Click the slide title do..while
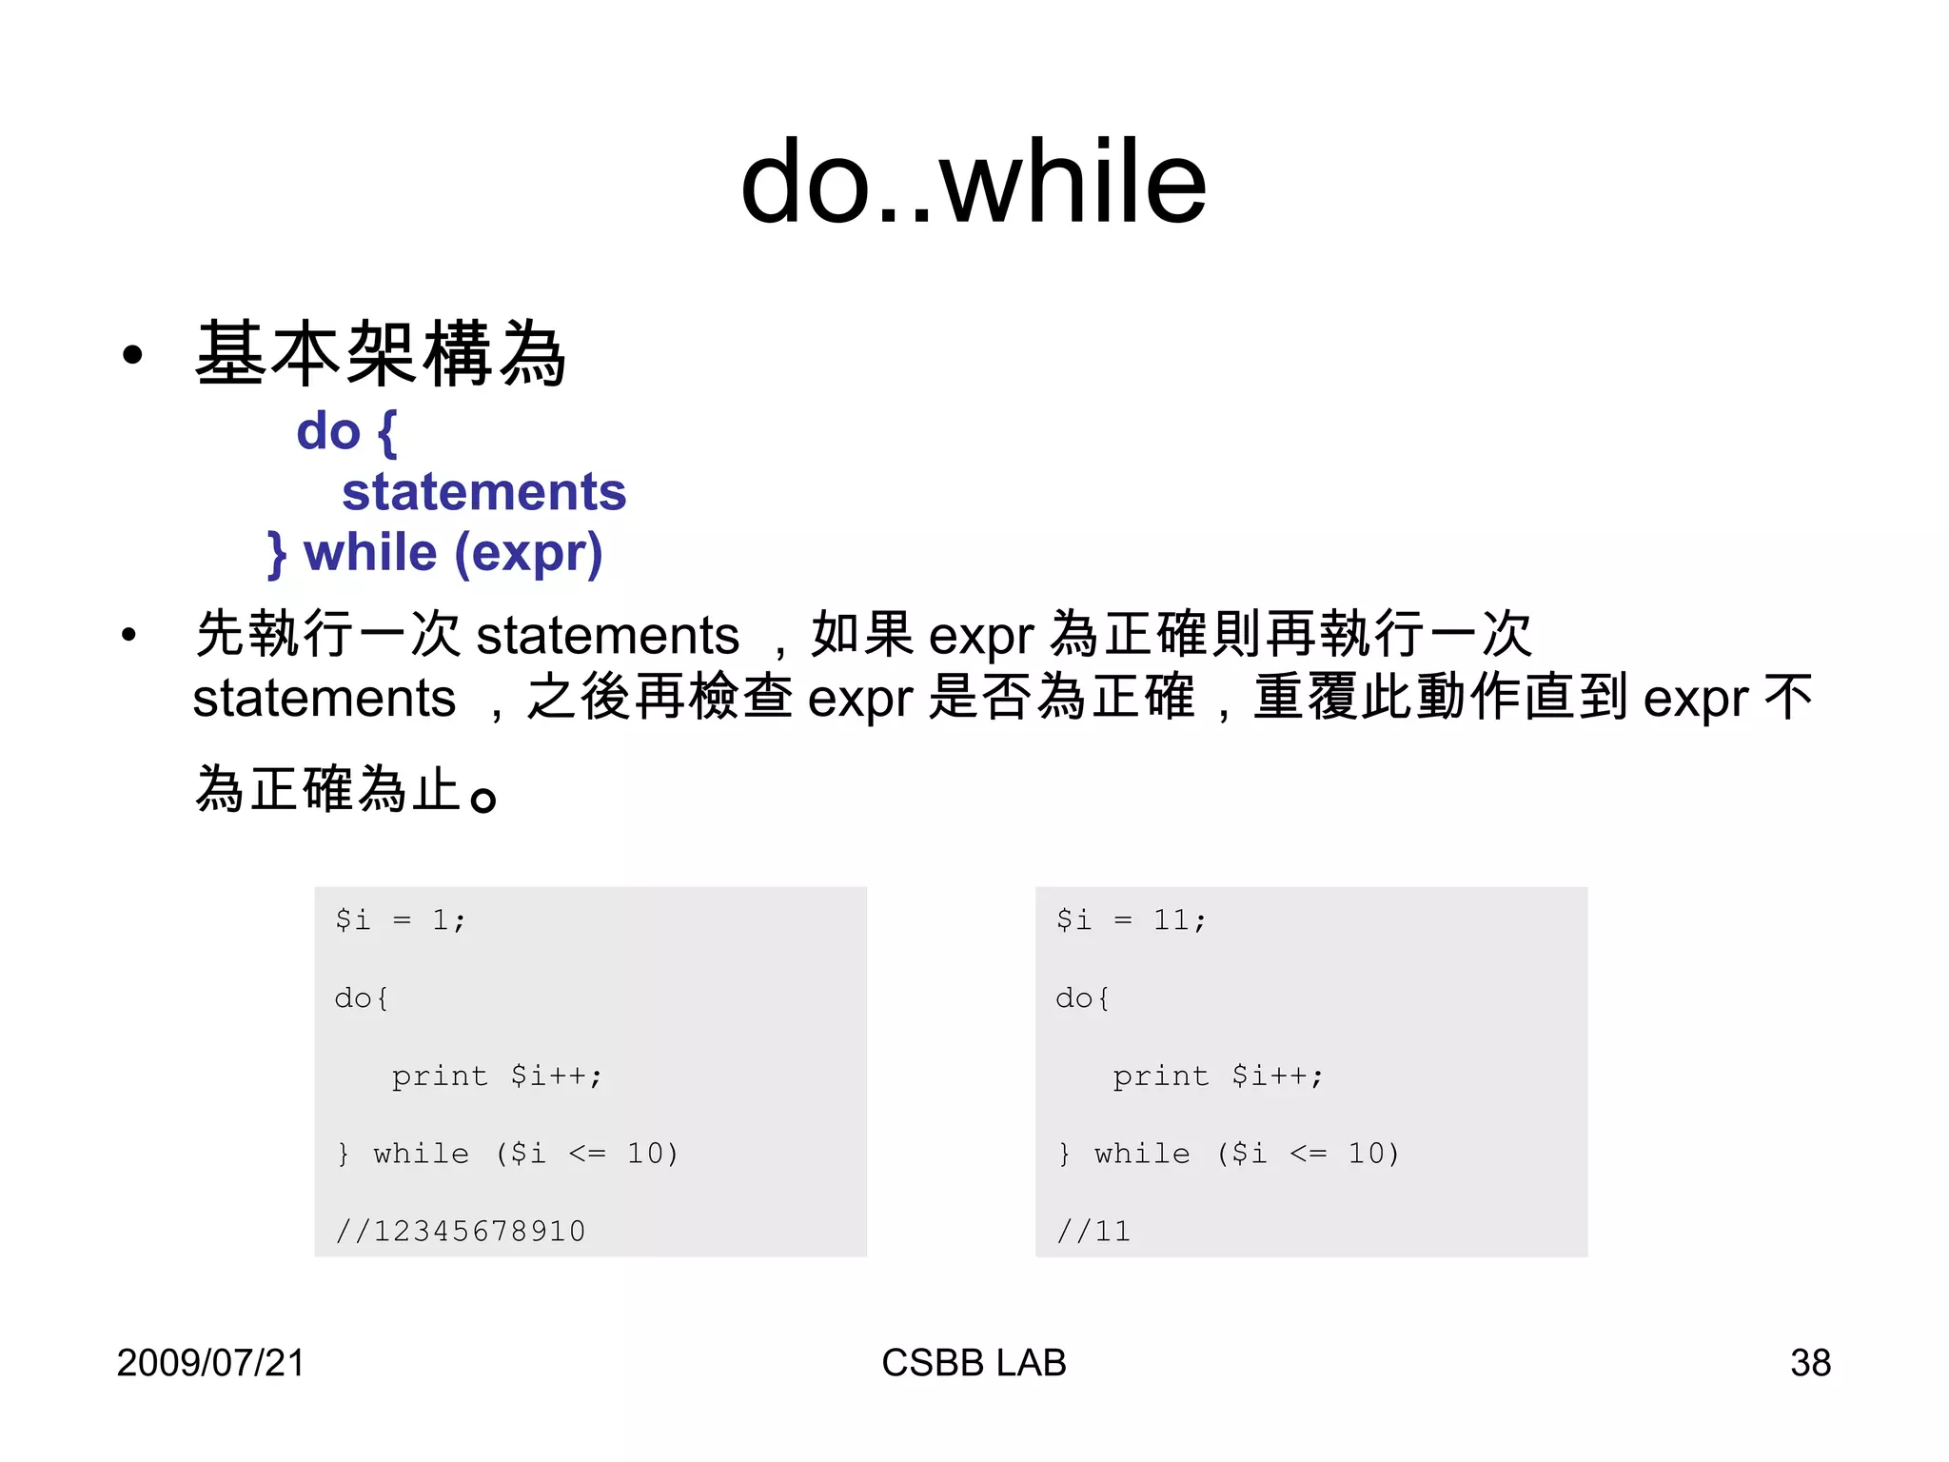973,182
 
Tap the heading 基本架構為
381,354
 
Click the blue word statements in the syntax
483,492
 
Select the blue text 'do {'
346,431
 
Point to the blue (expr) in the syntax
528,553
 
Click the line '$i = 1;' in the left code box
400,919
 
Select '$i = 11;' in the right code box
1131,919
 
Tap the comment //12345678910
461,1231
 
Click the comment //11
1093,1231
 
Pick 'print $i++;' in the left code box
497,1076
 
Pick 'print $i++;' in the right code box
1218,1076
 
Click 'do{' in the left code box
362,998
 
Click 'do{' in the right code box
1083,998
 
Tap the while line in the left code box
507,1154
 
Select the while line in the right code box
1229,1154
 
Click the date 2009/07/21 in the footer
210,1362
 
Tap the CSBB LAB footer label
974,1362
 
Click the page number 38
1810,1362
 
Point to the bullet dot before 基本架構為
132,356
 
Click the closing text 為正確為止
328,789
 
